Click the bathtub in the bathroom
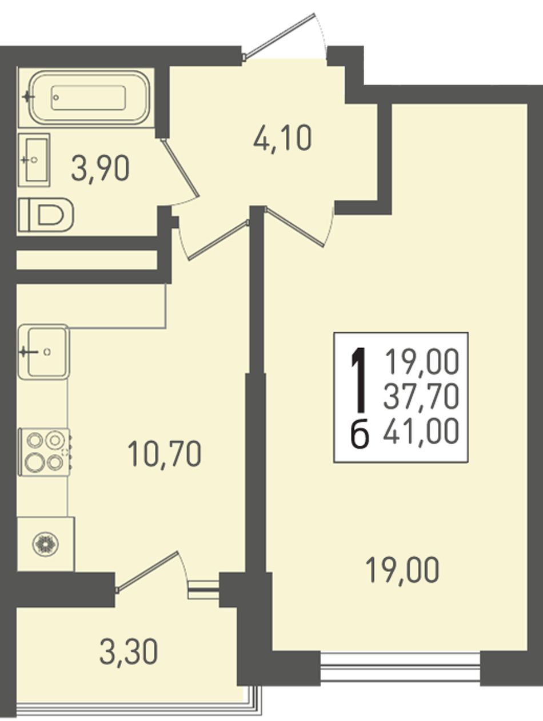click(x=88, y=97)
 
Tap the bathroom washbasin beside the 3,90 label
click(x=34, y=160)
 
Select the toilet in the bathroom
click(x=46, y=215)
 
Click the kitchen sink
click(x=44, y=352)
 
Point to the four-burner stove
click(x=45, y=452)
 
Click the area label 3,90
click(x=100, y=168)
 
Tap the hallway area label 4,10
click(x=282, y=138)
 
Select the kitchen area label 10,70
click(x=164, y=454)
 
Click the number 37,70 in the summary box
click(x=421, y=397)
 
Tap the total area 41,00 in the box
click(x=421, y=430)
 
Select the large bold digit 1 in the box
click(x=360, y=380)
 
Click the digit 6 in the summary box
click(x=360, y=434)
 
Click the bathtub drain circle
click(x=57, y=98)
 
